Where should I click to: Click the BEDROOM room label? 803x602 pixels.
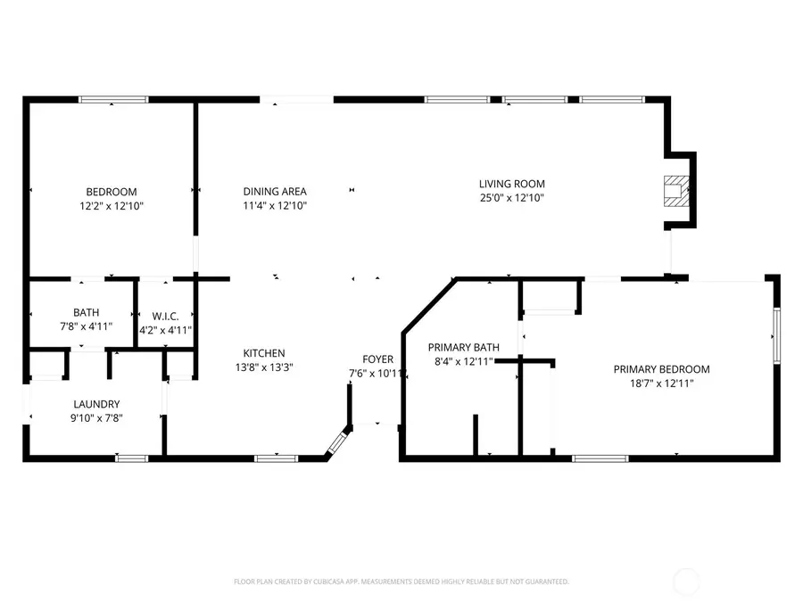click(111, 192)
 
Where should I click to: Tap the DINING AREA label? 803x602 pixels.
click(275, 191)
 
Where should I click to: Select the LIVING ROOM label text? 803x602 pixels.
click(511, 184)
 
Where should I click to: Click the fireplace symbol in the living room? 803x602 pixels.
click(675, 192)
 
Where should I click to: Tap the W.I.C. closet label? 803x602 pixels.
click(166, 316)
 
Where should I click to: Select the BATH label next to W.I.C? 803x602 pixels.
click(87, 312)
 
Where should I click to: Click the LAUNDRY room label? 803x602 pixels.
click(97, 404)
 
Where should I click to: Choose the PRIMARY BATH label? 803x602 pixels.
click(463, 347)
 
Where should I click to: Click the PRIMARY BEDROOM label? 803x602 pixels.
click(661, 369)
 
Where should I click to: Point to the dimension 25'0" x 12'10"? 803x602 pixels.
click(511, 198)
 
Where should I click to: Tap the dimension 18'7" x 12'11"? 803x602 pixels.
click(661, 383)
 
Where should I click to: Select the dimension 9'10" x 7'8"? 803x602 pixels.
click(97, 417)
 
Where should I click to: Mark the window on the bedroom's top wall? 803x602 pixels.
click(113, 99)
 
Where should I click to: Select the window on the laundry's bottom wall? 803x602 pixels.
click(132, 458)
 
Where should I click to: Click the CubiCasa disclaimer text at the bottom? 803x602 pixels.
click(401, 581)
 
